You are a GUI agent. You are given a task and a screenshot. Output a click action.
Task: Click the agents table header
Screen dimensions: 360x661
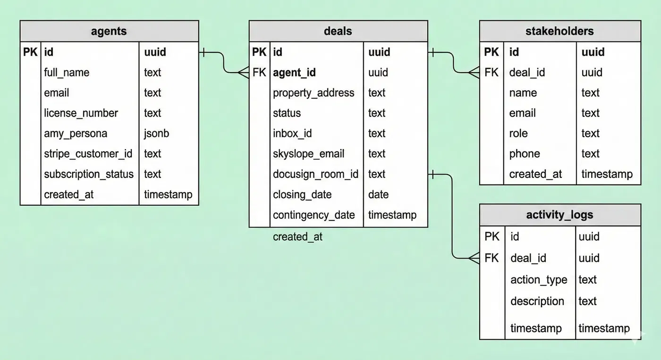pyautogui.click(x=109, y=31)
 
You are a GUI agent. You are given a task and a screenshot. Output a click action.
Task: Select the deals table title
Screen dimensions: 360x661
pyautogui.click(x=338, y=31)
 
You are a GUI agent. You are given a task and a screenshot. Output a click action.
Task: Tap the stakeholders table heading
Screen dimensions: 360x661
pyautogui.click(x=559, y=31)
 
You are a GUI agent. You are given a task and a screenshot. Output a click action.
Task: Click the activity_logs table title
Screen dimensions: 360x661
pyautogui.click(x=559, y=215)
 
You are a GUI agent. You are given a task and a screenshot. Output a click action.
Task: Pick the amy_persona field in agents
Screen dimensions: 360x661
pyautogui.click(x=76, y=134)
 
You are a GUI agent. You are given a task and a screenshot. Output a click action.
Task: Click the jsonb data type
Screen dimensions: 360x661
pyautogui.click(x=156, y=134)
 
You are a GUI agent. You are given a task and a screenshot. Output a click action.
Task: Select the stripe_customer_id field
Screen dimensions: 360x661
pyautogui.click(x=88, y=154)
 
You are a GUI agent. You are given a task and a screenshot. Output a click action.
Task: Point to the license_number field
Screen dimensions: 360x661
pyautogui.click(x=81, y=113)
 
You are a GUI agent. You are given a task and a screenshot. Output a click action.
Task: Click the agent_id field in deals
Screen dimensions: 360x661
pyautogui.click(x=294, y=73)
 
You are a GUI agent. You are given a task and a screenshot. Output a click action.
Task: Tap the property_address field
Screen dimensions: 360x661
pyautogui.click(x=314, y=93)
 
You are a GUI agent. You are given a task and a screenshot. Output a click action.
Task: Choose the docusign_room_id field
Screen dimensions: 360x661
pyautogui.click(x=315, y=174)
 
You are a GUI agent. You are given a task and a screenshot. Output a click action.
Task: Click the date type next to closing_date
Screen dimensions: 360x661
pyautogui.click(x=378, y=194)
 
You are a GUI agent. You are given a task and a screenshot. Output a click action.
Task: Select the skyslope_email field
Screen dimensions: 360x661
pyautogui.click(x=308, y=154)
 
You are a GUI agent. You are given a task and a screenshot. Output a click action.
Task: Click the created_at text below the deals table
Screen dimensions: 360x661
pyautogui.click(x=297, y=237)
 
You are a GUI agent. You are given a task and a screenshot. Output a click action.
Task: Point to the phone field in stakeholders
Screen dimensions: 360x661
pyautogui.click(x=525, y=154)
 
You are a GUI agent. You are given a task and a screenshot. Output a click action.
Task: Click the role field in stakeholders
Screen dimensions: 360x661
pyautogui.click(x=518, y=134)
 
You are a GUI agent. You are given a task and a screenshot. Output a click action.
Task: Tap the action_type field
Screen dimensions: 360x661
pyautogui.click(x=539, y=280)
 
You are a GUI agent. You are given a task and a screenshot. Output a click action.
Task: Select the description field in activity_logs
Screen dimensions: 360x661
pyautogui.click(x=537, y=301)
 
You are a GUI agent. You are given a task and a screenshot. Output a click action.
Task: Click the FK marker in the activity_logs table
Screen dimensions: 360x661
pyautogui.click(x=492, y=258)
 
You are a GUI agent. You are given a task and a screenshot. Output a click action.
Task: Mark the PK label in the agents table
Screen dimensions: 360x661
pyautogui.click(x=30, y=52)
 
